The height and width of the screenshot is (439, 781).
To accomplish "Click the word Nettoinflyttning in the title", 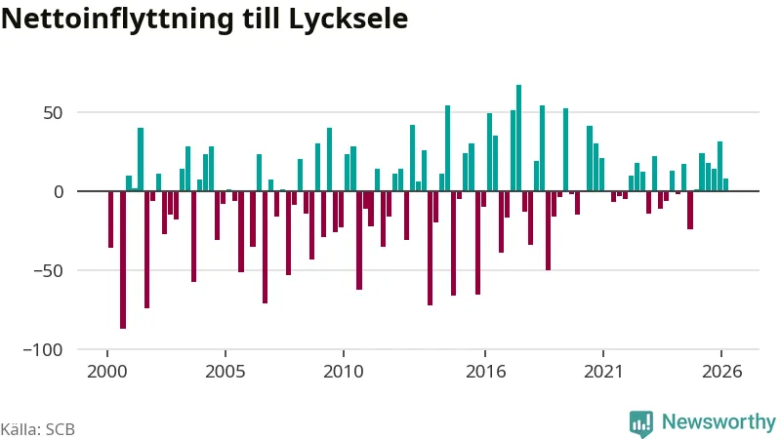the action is point(117,19).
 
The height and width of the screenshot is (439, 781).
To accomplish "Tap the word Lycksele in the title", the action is point(349,19).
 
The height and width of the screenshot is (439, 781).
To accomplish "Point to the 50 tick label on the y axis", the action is point(53,113).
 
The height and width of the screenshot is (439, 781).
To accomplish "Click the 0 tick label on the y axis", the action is point(59,191).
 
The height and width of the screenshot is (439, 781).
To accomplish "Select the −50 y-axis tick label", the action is point(48,271).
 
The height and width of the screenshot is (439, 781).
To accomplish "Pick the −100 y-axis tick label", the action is point(43,350).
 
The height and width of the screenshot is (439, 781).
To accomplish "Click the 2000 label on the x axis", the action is point(107,372).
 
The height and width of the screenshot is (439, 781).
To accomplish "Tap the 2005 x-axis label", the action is point(226,372).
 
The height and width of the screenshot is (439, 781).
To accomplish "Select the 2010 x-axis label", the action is point(344,372).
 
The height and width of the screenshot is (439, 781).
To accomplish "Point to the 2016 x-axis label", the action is point(485,372).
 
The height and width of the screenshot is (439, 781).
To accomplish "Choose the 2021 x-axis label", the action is point(603,372).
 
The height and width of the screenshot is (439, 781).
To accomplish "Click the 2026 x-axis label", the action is point(721,372).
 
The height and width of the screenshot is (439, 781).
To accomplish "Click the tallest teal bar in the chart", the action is point(518,138).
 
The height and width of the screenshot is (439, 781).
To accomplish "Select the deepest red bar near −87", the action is point(123,259).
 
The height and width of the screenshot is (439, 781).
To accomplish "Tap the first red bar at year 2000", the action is point(110,219).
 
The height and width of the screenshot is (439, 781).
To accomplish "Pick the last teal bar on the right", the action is point(725,184).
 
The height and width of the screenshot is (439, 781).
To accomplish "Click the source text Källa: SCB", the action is point(38,429).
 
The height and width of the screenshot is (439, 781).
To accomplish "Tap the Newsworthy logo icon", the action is point(641,424).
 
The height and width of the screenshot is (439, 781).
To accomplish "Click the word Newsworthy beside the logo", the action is point(719,422).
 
